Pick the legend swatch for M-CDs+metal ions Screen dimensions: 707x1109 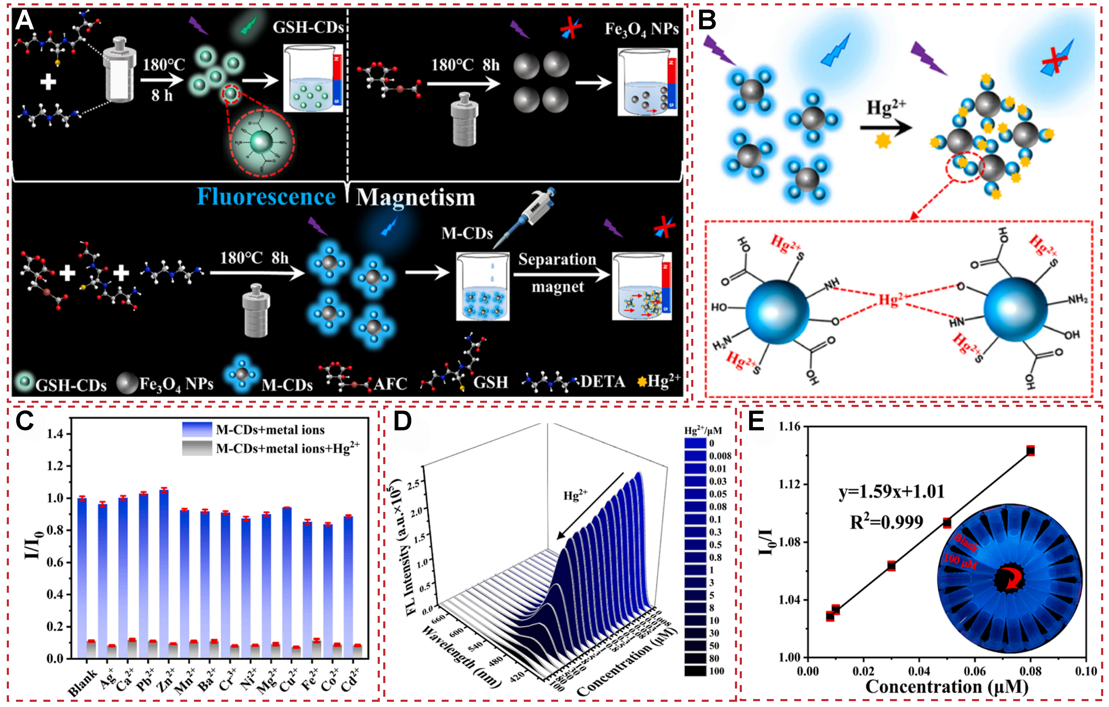197,429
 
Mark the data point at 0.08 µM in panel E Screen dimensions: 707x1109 1031,451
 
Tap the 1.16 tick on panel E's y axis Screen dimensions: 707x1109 789,427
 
